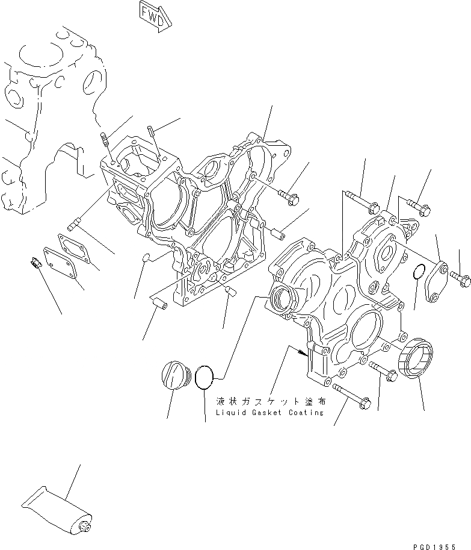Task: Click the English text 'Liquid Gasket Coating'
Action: coord(264,413)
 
